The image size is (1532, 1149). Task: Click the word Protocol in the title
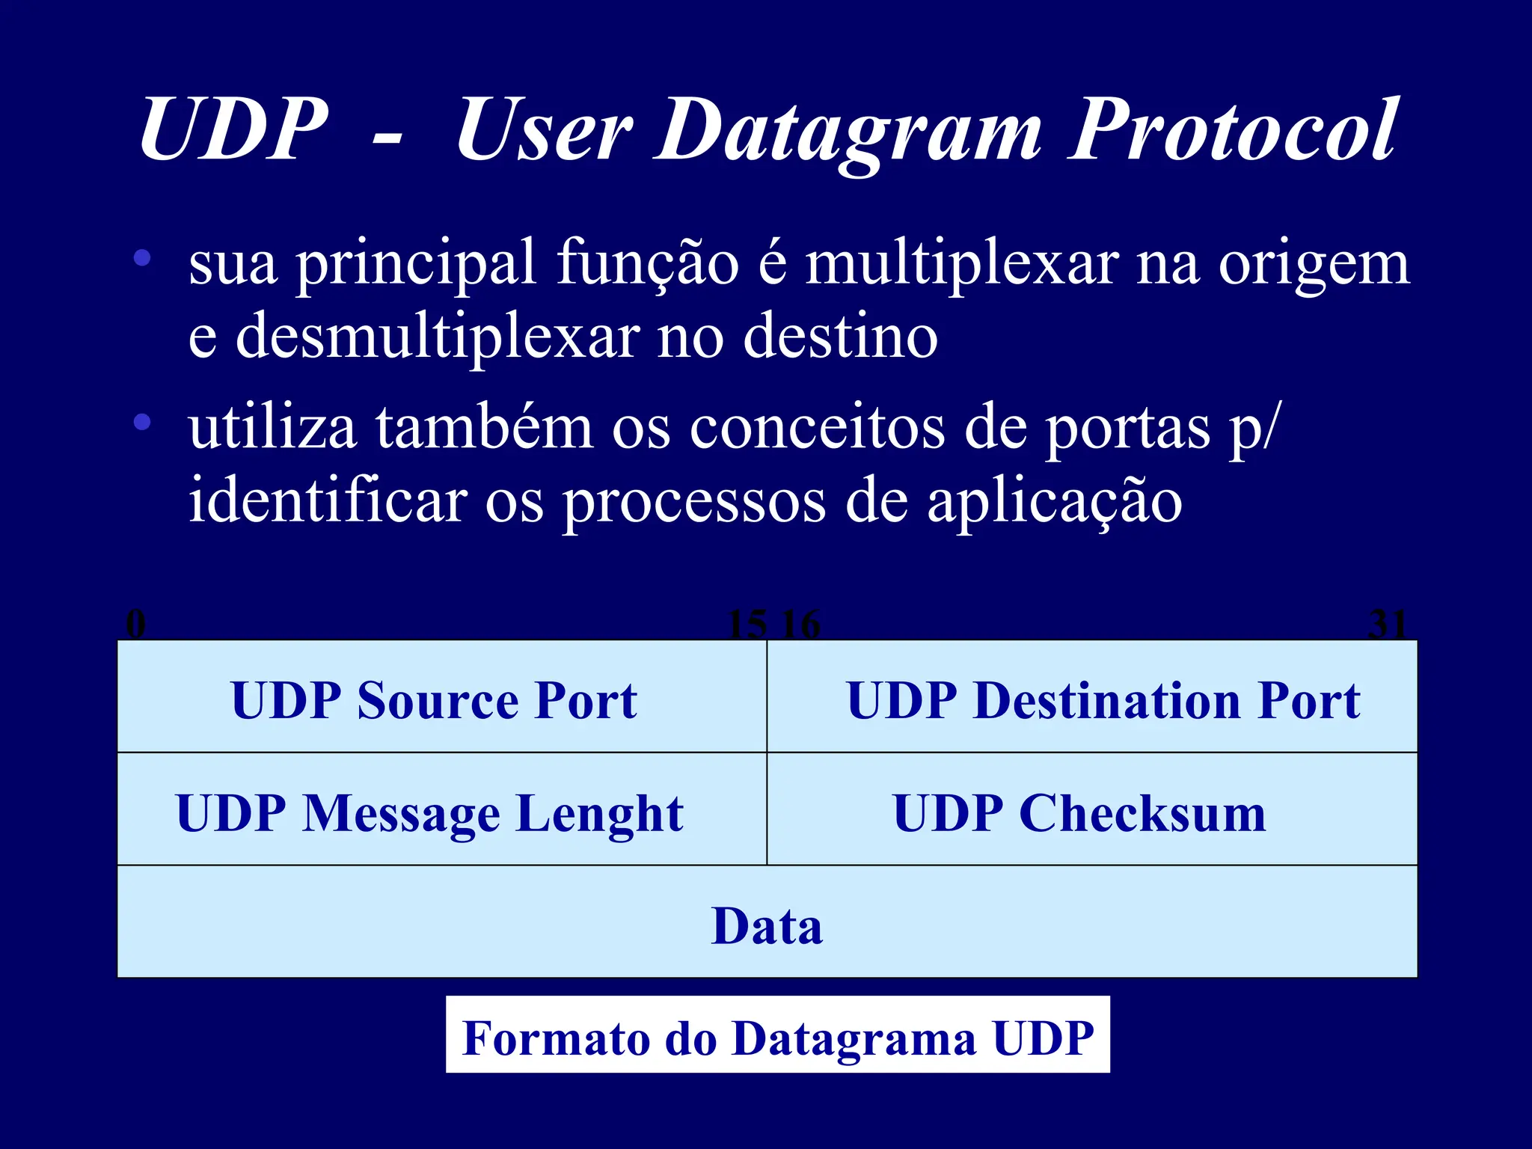click(1231, 130)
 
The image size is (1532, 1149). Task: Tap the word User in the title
click(543, 132)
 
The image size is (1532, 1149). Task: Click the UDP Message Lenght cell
click(441, 809)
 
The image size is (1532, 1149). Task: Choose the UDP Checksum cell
click(1092, 809)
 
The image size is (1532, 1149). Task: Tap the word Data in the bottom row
click(767, 925)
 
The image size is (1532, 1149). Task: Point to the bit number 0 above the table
click(135, 623)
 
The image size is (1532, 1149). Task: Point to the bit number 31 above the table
click(1388, 623)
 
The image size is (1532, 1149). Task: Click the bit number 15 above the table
click(747, 623)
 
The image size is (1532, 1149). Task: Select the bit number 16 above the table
click(801, 623)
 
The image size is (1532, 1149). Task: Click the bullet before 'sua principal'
click(142, 259)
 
